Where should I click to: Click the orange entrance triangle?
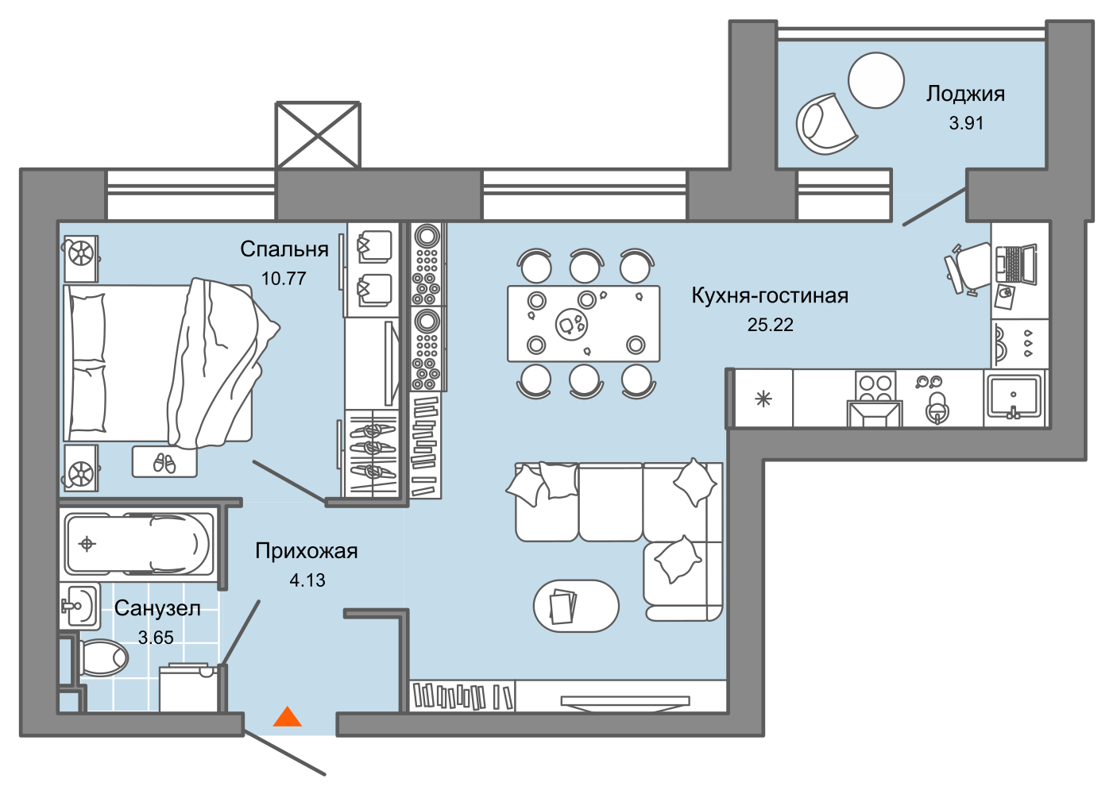click(288, 717)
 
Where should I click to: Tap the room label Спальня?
click(284, 249)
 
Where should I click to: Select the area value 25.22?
click(770, 325)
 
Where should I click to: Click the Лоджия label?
click(965, 94)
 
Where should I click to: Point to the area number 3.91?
click(966, 123)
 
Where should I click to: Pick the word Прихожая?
click(307, 551)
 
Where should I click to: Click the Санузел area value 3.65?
click(156, 638)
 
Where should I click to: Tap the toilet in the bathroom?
click(102, 657)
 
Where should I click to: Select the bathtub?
click(137, 545)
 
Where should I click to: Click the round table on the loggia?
click(876, 80)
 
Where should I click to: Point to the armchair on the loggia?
click(825, 124)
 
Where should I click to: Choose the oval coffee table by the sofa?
click(576, 605)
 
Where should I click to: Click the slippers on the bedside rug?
click(164, 463)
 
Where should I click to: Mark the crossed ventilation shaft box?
click(318, 136)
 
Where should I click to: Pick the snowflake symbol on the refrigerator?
click(763, 399)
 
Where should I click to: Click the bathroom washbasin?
click(79, 606)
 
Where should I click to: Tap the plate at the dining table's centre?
click(571, 325)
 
